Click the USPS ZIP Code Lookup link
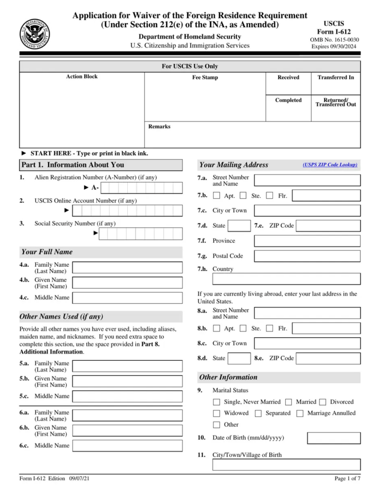point(330,165)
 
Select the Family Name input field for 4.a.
point(127,268)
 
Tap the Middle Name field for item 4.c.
point(127,298)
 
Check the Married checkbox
point(289,402)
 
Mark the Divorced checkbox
point(322,402)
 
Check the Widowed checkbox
point(216,413)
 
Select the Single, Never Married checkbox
point(216,402)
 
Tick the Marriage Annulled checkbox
point(300,413)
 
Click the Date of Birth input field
point(334,438)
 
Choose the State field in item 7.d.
point(239,226)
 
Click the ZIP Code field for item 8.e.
point(328,358)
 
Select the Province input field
point(307,241)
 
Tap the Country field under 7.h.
point(286,279)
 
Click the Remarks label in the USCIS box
point(159,126)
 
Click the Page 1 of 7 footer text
point(347,479)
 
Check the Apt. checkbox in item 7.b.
point(216,196)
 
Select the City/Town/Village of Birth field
point(286,465)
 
